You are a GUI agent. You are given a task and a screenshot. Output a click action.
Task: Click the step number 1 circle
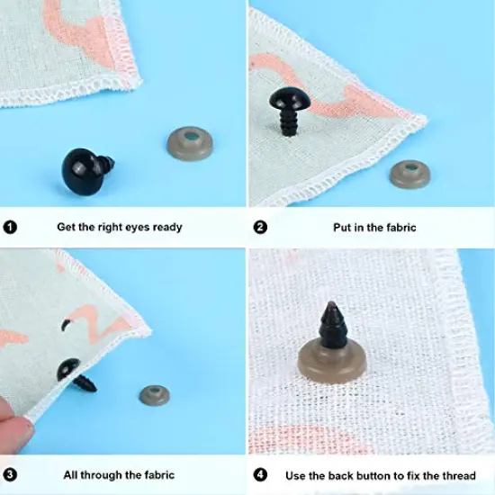click(x=11, y=227)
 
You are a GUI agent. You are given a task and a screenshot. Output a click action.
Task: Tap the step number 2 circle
click(x=260, y=227)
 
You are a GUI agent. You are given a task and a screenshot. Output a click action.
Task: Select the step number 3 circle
click(x=11, y=474)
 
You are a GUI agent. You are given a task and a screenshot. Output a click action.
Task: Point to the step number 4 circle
click(x=260, y=474)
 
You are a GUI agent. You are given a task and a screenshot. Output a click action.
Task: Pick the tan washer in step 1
click(x=191, y=142)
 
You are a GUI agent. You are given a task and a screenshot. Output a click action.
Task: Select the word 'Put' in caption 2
click(x=342, y=227)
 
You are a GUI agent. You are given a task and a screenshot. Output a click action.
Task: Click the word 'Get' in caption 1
click(x=67, y=227)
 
